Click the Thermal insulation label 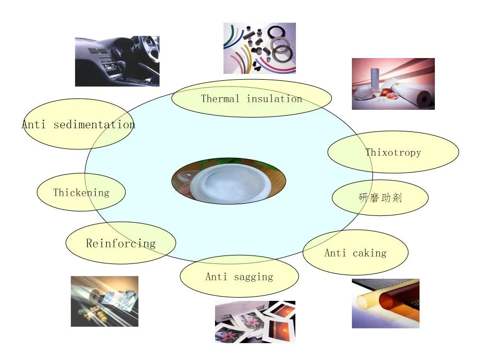[252, 99]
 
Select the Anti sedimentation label [78, 125]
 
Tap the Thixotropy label [393, 153]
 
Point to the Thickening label [81, 193]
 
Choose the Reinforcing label [120, 243]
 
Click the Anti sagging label [239, 277]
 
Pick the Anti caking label [355, 253]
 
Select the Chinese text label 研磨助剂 [380, 198]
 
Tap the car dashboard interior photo [117, 61]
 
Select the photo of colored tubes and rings [259, 48]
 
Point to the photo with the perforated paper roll [393, 84]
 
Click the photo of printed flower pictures [255, 322]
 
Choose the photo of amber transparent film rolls [386, 304]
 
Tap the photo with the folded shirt [105, 301]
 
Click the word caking [369, 253]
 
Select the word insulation [274, 99]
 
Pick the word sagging [254, 277]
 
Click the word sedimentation [94, 125]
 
